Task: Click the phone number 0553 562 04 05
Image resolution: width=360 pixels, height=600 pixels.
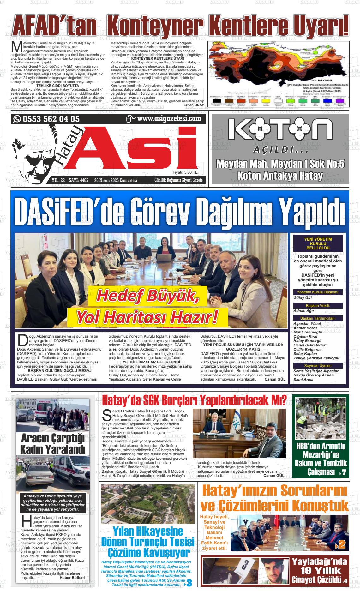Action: pyautogui.click(x=51, y=119)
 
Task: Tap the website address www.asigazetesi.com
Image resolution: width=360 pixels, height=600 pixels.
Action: pyautogui.click(x=169, y=119)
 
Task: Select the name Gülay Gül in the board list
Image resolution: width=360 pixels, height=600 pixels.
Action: pyautogui.click(x=303, y=298)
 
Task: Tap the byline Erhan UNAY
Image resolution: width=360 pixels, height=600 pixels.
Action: pyautogui.click(x=194, y=105)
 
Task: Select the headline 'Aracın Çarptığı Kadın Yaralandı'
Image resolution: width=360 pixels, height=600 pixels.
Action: pyautogui.click(x=53, y=444)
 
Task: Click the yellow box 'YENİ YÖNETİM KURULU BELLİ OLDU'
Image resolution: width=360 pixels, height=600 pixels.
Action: pyautogui.click(x=318, y=243)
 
